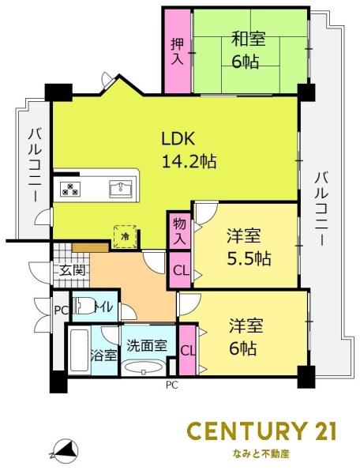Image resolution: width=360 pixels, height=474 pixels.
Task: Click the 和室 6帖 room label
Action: pos(247,50)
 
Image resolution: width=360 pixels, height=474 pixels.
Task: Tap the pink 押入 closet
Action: pos(177,50)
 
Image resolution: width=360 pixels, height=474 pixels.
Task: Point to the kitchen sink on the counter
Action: pos(120,188)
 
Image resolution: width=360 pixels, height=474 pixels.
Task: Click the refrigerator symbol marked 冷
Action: pos(125,235)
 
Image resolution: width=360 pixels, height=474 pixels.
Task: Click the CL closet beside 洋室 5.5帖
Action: pos(180,271)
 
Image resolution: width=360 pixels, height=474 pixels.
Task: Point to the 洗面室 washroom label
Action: pos(147,345)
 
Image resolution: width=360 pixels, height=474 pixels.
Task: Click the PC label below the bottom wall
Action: pos(171,386)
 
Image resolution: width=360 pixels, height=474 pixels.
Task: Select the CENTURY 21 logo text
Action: pos(261,431)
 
